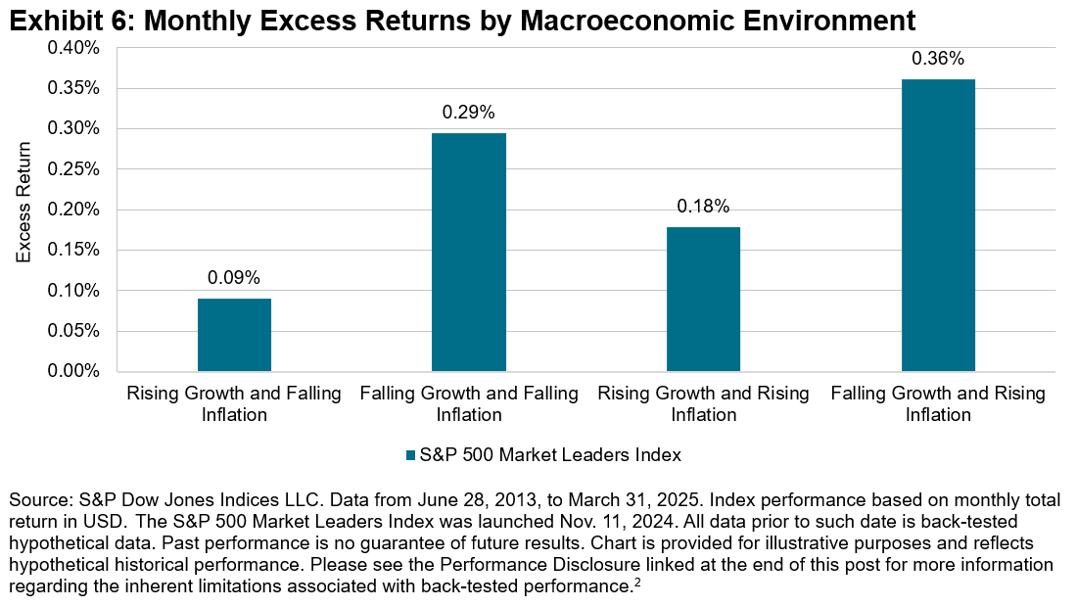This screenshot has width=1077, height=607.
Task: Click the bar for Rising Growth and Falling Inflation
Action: click(x=234, y=335)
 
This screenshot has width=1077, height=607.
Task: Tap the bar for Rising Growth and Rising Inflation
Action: click(x=703, y=299)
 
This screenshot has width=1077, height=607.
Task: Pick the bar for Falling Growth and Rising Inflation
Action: click(x=938, y=225)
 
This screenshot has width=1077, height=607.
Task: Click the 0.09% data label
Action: click(x=234, y=278)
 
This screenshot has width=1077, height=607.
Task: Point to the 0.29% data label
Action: click(x=469, y=113)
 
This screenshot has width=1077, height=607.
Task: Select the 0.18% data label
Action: click(x=703, y=207)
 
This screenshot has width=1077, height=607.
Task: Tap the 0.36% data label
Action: click(x=938, y=59)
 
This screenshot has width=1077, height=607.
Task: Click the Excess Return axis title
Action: click(x=24, y=202)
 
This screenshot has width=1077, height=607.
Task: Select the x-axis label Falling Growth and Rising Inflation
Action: click(x=938, y=403)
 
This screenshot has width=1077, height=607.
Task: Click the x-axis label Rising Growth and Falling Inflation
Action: click(x=234, y=403)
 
